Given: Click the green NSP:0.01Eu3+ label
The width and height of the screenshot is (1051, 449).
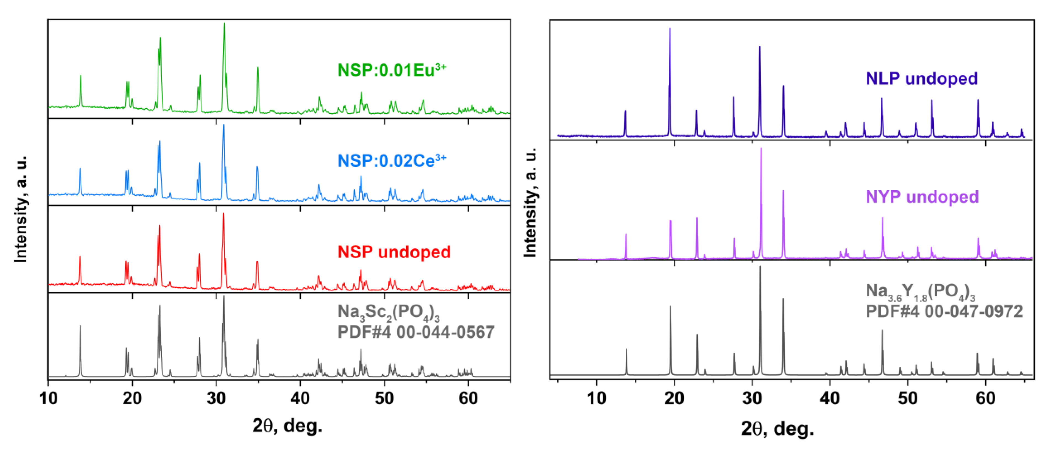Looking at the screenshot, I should coord(391,70).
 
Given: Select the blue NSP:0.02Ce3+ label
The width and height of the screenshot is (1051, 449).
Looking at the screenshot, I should coord(391,161).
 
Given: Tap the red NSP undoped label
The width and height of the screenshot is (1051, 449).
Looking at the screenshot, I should coord(394,252).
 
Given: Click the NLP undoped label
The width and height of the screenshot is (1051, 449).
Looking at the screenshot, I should coord(921,78).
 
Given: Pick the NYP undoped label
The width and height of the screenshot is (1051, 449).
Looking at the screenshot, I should coord(922,197).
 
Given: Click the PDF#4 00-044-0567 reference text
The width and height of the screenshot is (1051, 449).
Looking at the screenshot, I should coord(415,332).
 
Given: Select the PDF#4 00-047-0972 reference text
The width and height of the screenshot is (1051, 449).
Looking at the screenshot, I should coord(944,311).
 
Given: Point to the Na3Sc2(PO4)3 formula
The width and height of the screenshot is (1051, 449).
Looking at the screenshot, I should coord(388,313).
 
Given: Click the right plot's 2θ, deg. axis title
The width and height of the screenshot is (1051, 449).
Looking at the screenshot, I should coord(777,429).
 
